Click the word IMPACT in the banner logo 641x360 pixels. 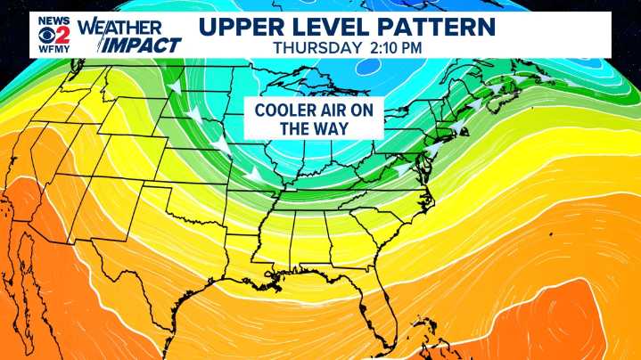point(142,44)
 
